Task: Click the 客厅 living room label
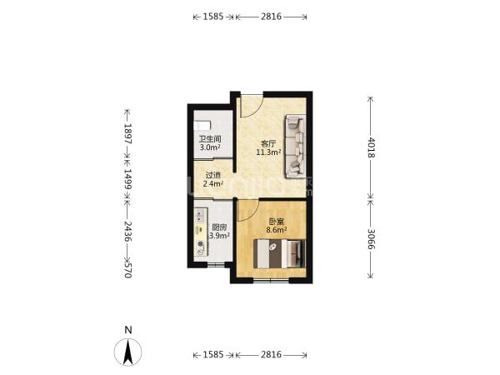pos(268,144)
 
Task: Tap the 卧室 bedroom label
pos(277,222)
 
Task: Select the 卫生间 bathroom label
pos(210,139)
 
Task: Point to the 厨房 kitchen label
pos(219,227)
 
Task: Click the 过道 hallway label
pos(213,175)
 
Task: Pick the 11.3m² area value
pos(268,152)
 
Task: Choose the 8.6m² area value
pos(277,230)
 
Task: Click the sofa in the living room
pos(296,146)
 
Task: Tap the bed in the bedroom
pos(280,254)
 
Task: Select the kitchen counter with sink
pos(201,232)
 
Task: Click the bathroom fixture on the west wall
pos(202,125)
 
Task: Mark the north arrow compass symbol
pos(127,352)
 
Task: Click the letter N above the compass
pos(128,330)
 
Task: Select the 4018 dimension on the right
pos(371,147)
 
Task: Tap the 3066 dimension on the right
pos(371,239)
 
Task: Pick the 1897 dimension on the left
pos(127,133)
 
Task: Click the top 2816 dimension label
pos(271,17)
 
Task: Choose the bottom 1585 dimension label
pos(213,354)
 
